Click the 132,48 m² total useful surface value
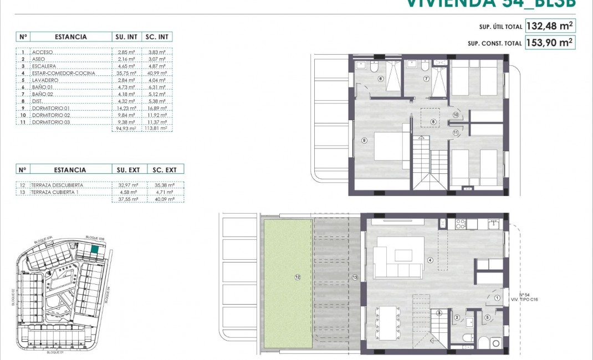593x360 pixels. pyautogui.click(x=550, y=26)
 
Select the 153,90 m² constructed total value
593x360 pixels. pyautogui.click(x=550, y=43)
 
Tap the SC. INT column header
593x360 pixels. pyautogui.click(x=157, y=37)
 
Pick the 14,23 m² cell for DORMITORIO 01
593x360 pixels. pyautogui.click(x=127, y=109)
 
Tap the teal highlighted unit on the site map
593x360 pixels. pyautogui.click(x=95, y=250)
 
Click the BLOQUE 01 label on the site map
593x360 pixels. pyautogui.click(x=55, y=352)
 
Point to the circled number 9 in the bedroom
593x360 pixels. pyautogui.click(x=364, y=141)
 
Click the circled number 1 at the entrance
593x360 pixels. pyautogui.click(x=497, y=299)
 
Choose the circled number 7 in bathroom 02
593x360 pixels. pyautogui.click(x=426, y=79)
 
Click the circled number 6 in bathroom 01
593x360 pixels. pyautogui.click(x=380, y=79)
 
